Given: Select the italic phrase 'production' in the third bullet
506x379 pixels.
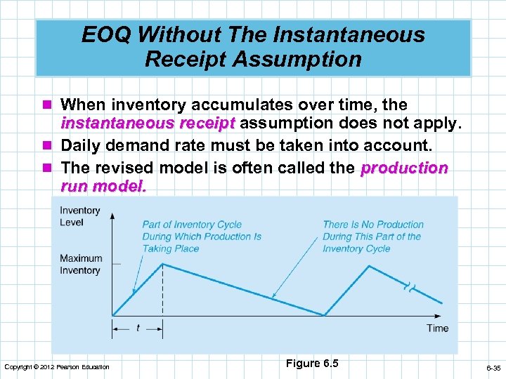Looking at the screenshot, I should [403, 168].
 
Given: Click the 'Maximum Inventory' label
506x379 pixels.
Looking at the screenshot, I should [80, 265].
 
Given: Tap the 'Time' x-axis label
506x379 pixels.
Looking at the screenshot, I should [437, 328].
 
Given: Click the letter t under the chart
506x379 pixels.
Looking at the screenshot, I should [138, 328].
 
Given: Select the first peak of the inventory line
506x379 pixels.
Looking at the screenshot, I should [164, 264].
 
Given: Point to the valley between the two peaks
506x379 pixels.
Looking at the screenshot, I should [323, 315].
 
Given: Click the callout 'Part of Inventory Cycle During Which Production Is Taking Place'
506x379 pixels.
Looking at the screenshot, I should [202, 237].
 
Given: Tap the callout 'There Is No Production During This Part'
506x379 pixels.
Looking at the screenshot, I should [372, 237].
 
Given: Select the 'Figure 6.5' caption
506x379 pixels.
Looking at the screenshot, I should [312, 363].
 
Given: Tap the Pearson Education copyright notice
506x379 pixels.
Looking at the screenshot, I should [57, 367].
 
